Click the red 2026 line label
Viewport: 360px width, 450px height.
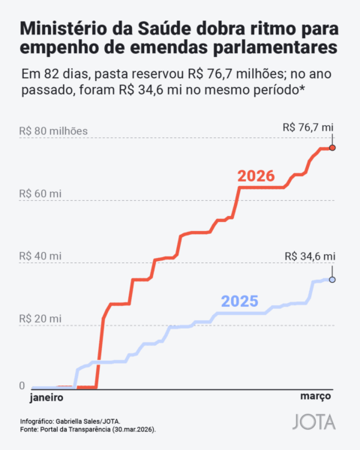click(x=256, y=177)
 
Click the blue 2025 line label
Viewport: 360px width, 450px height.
click(x=239, y=302)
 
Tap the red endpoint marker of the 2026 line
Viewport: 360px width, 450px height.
click(x=332, y=148)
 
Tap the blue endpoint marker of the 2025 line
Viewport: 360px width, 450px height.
click(x=332, y=280)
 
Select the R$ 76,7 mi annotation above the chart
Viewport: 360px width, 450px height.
click(x=308, y=127)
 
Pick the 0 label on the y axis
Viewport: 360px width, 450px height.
click(x=22, y=385)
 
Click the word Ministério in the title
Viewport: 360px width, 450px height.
click(x=63, y=29)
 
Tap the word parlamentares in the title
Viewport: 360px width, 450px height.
click(x=273, y=49)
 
